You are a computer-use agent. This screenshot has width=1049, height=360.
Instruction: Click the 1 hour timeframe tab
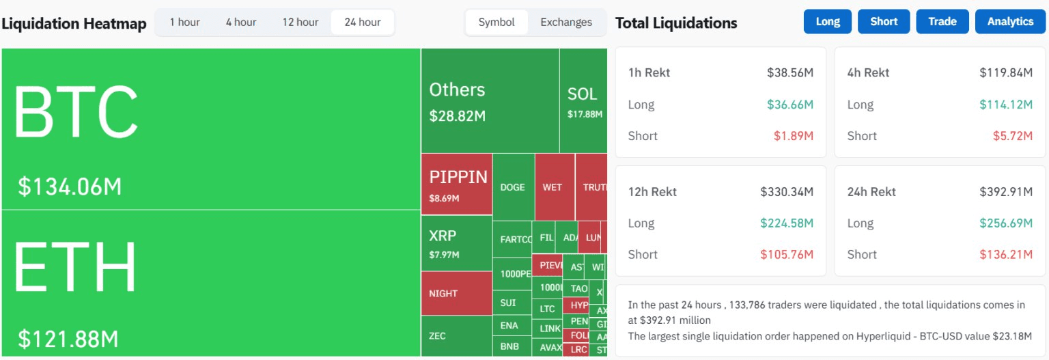pos(184,22)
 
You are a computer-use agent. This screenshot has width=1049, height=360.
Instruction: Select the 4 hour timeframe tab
pos(241,22)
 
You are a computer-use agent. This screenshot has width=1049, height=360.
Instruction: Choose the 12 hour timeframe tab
pos(300,22)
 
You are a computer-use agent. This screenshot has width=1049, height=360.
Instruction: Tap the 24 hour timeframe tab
pos(363,22)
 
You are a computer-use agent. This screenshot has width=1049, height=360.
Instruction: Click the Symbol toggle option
pos(496,22)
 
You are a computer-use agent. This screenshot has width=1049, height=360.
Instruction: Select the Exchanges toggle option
pos(566,22)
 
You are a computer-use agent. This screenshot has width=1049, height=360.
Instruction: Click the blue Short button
pos(884,22)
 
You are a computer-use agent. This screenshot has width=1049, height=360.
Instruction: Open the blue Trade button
pos(942,22)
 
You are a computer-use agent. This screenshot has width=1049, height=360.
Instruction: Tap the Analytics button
pos(1010,22)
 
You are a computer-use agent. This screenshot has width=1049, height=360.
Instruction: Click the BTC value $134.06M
pos(70,186)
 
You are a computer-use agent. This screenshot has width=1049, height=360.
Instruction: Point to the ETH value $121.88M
pos(68,339)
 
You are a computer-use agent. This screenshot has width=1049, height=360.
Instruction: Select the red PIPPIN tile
pos(456,183)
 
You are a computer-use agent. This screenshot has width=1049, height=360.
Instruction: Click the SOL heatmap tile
pos(583,101)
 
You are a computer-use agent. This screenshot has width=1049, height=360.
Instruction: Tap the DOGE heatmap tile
pos(513,187)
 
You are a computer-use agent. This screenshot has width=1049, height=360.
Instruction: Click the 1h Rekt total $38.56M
pos(790,73)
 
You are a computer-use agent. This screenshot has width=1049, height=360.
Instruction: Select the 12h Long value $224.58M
pos(787,223)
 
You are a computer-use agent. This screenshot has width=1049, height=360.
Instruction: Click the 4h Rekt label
pos(868,73)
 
